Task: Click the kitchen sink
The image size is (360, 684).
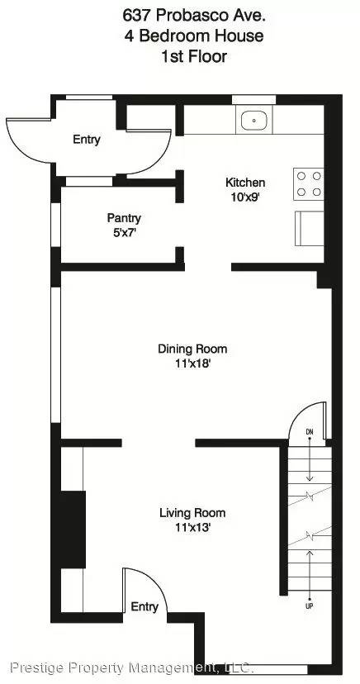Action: coord(254,121)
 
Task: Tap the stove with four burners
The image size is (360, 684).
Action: coord(309,183)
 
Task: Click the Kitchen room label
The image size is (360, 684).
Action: coord(245,183)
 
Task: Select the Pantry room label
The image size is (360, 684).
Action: coord(124,218)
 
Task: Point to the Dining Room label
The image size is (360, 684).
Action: coord(192,349)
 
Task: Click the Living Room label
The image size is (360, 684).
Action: coord(192,513)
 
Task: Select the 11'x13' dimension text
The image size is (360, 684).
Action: coord(192,527)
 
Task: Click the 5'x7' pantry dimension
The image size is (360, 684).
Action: coord(124,232)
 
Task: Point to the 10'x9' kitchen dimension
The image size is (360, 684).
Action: coord(245,197)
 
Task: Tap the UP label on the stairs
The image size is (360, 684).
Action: coord(310,606)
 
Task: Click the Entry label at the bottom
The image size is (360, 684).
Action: coord(144,607)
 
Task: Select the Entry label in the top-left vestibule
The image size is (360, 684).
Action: coord(86,140)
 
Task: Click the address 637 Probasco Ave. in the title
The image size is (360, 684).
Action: coord(179,14)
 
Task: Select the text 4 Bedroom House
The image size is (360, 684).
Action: coord(179,36)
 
